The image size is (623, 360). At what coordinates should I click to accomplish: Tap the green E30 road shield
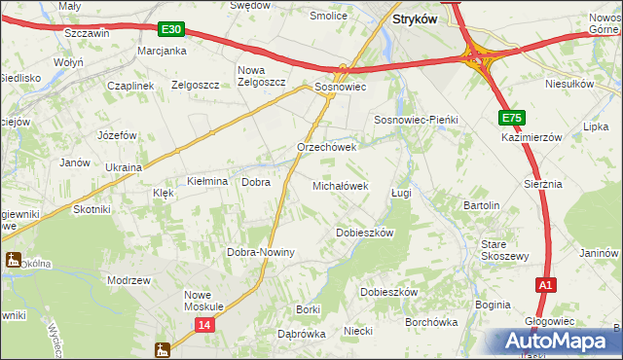(x=172, y=30)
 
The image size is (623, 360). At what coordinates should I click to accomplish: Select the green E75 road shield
(x=513, y=118)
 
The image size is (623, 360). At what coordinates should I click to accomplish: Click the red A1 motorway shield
(x=546, y=285)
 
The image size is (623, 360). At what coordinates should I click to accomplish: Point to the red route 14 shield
(x=203, y=325)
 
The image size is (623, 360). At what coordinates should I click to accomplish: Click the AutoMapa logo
(x=559, y=341)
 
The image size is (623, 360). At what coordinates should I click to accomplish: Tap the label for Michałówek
(x=340, y=185)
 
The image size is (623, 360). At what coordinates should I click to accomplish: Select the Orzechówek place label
(x=327, y=148)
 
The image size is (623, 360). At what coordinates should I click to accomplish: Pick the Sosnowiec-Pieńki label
(x=417, y=119)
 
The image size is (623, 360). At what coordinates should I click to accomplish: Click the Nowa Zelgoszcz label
(x=262, y=76)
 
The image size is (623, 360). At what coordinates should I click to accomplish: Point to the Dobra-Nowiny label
(x=261, y=252)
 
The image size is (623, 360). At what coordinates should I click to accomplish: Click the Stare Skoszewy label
(x=505, y=250)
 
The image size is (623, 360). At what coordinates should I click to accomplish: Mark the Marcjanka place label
(x=162, y=51)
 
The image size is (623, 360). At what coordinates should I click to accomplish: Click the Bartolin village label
(x=481, y=206)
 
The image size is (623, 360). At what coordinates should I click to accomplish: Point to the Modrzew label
(x=129, y=279)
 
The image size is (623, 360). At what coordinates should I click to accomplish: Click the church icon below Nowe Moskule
(x=163, y=348)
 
